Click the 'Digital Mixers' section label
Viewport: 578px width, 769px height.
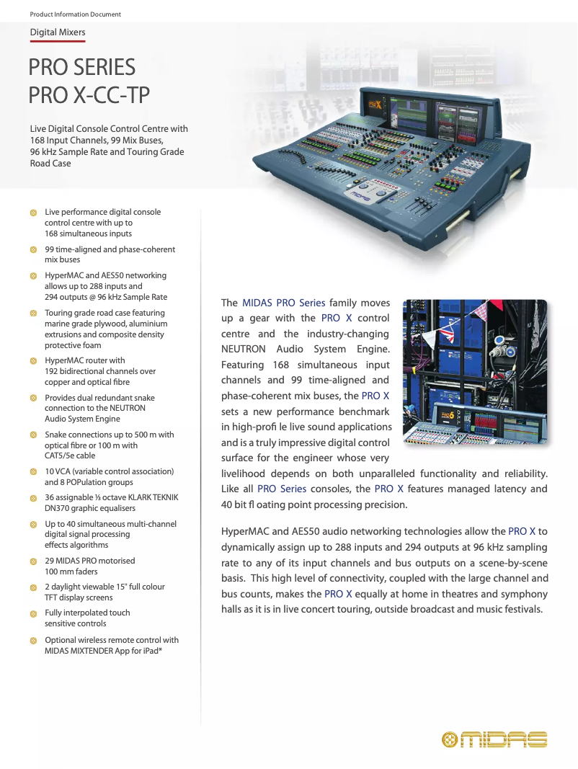pos(58,32)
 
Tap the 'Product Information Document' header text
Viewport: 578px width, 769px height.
pos(75,14)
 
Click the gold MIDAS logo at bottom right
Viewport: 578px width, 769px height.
pos(494,739)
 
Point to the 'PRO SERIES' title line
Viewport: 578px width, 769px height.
pos(81,68)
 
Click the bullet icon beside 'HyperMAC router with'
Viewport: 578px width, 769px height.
pos(33,360)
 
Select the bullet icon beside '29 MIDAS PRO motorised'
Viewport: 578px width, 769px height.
pos(33,561)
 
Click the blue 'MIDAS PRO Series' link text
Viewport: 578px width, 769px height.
pos(283,303)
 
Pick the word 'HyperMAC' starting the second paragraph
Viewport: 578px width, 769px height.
pos(243,531)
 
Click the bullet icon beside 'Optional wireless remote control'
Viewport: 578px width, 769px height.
pos(33,640)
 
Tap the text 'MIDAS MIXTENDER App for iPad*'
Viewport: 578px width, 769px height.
pos(103,651)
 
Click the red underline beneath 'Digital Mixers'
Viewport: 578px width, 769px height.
pos(58,42)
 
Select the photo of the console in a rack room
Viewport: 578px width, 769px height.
pos(474,373)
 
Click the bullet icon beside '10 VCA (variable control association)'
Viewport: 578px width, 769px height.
pos(33,471)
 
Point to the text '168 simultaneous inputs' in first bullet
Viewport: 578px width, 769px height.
pos(88,234)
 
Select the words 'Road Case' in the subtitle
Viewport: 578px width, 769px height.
pos(50,164)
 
